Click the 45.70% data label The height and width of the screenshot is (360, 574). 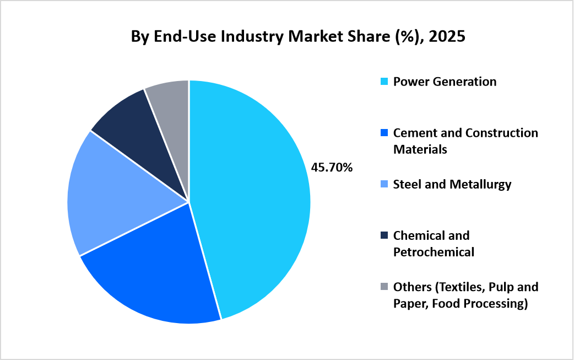pyautogui.click(x=332, y=167)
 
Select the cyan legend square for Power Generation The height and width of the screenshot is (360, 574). pyautogui.click(x=385, y=82)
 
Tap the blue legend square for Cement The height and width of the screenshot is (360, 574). pyautogui.click(x=385, y=133)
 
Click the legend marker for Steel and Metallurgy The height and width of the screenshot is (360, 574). pyautogui.click(x=385, y=185)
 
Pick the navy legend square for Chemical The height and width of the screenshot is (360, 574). pyautogui.click(x=385, y=236)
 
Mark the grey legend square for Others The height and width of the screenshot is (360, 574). pyautogui.click(x=385, y=287)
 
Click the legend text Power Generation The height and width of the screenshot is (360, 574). pyautogui.click(x=445, y=82)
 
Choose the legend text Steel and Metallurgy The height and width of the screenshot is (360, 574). pyautogui.click(x=452, y=184)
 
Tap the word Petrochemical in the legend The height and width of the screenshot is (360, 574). pyautogui.click(x=434, y=252)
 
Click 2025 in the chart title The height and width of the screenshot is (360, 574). pyautogui.click(x=449, y=37)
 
